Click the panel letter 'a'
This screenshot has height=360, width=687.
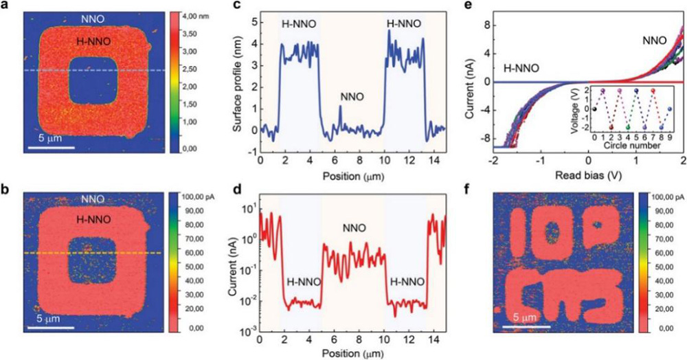point(5,8)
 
